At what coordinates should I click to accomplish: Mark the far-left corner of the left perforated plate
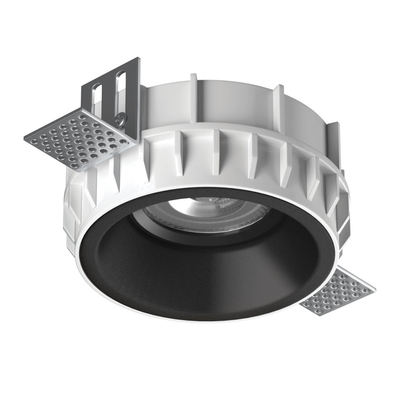tap(25, 139)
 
